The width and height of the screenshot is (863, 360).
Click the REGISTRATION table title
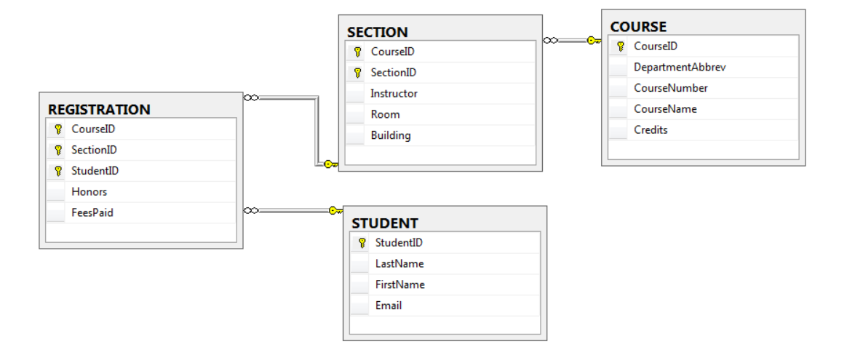click(99, 110)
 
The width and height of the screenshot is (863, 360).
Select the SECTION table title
click(377, 32)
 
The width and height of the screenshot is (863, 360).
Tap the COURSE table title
click(638, 27)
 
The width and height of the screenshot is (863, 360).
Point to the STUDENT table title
click(385, 223)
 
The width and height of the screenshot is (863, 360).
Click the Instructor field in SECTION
click(394, 94)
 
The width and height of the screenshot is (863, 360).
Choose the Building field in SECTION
click(391, 135)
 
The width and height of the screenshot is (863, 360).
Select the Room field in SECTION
click(385, 114)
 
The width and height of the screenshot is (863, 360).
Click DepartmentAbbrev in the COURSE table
click(680, 68)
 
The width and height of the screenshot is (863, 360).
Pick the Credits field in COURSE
click(651, 130)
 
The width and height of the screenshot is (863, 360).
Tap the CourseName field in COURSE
click(665, 109)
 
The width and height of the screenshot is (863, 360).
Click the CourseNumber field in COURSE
click(671, 88)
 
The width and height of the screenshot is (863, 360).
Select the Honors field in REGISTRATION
click(90, 192)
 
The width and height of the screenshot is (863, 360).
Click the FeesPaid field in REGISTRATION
click(92, 213)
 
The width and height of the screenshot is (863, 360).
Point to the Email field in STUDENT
click(389, 305)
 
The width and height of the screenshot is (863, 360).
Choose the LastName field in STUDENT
click(399, 264)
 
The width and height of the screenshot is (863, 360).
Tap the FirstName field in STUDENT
click(400, 284)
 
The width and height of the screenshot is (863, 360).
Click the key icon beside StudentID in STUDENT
click(362, 243)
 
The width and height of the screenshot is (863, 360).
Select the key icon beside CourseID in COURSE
click(620, 47)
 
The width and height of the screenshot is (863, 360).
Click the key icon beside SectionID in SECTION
click(357, 73)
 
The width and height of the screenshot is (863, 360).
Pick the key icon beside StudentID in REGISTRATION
click(57, 171)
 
